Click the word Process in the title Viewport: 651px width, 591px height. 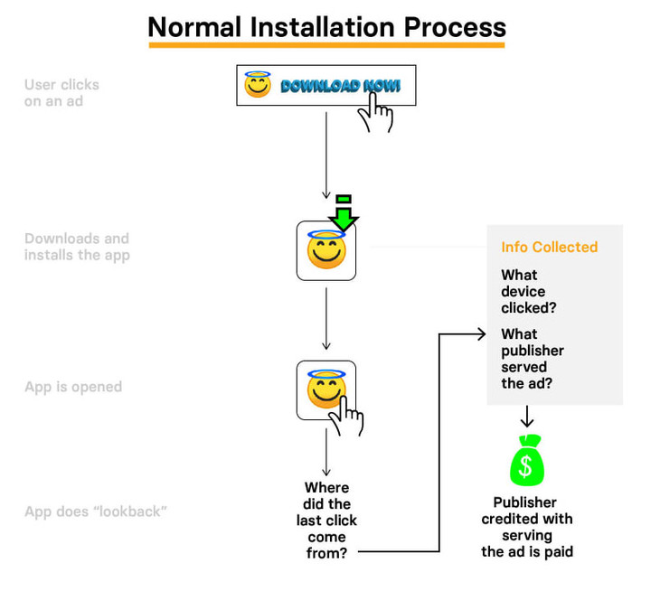[455, 27]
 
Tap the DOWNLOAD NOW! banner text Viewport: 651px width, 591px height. [341, 86]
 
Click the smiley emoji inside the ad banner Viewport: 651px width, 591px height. [258, 84]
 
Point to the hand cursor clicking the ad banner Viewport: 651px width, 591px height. [376, 112]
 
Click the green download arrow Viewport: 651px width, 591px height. [344, 212]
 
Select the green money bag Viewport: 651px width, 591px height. [526, 460]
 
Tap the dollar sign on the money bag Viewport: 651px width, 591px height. [525, 465]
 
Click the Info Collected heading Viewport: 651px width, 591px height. [550, 247]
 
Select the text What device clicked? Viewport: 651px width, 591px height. [528, 291]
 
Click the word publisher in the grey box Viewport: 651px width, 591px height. [533, 351]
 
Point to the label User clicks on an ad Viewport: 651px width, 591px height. [61, 93]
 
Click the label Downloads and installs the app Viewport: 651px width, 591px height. [77, 247]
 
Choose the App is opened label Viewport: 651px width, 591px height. [73, 387]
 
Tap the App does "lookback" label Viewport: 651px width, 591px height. [96, 511]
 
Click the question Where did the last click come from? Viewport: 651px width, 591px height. [326, 521]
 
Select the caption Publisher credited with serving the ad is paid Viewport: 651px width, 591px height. [527, 527]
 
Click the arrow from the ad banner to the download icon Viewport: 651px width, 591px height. [326, 155]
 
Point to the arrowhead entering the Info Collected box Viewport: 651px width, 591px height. [482, 333]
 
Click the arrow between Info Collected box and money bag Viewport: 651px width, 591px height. [527, 417]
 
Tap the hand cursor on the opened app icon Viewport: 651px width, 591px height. [346, 416]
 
